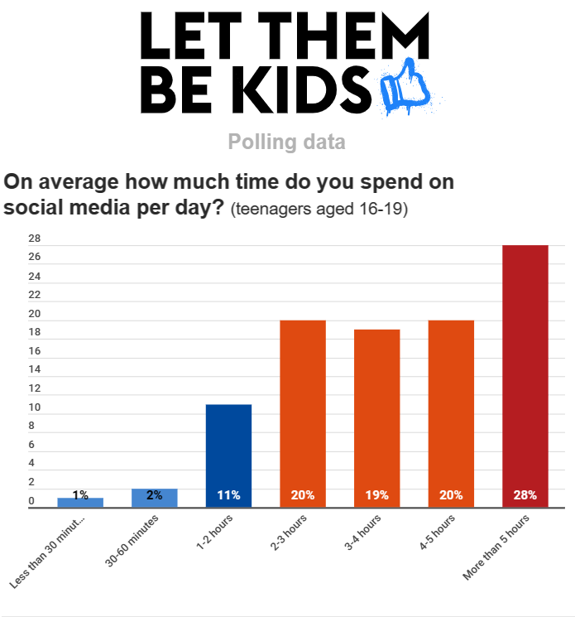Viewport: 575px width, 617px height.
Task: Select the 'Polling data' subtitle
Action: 286,142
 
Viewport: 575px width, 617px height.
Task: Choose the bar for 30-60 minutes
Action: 155,498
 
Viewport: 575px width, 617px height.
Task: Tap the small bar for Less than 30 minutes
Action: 80,503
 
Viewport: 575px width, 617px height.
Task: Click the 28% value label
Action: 525,495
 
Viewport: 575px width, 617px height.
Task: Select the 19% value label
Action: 377,495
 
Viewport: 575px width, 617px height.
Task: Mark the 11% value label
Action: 228,495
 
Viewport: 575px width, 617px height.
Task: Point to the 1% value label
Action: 80,495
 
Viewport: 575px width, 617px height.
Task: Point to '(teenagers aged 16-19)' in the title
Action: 319,210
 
